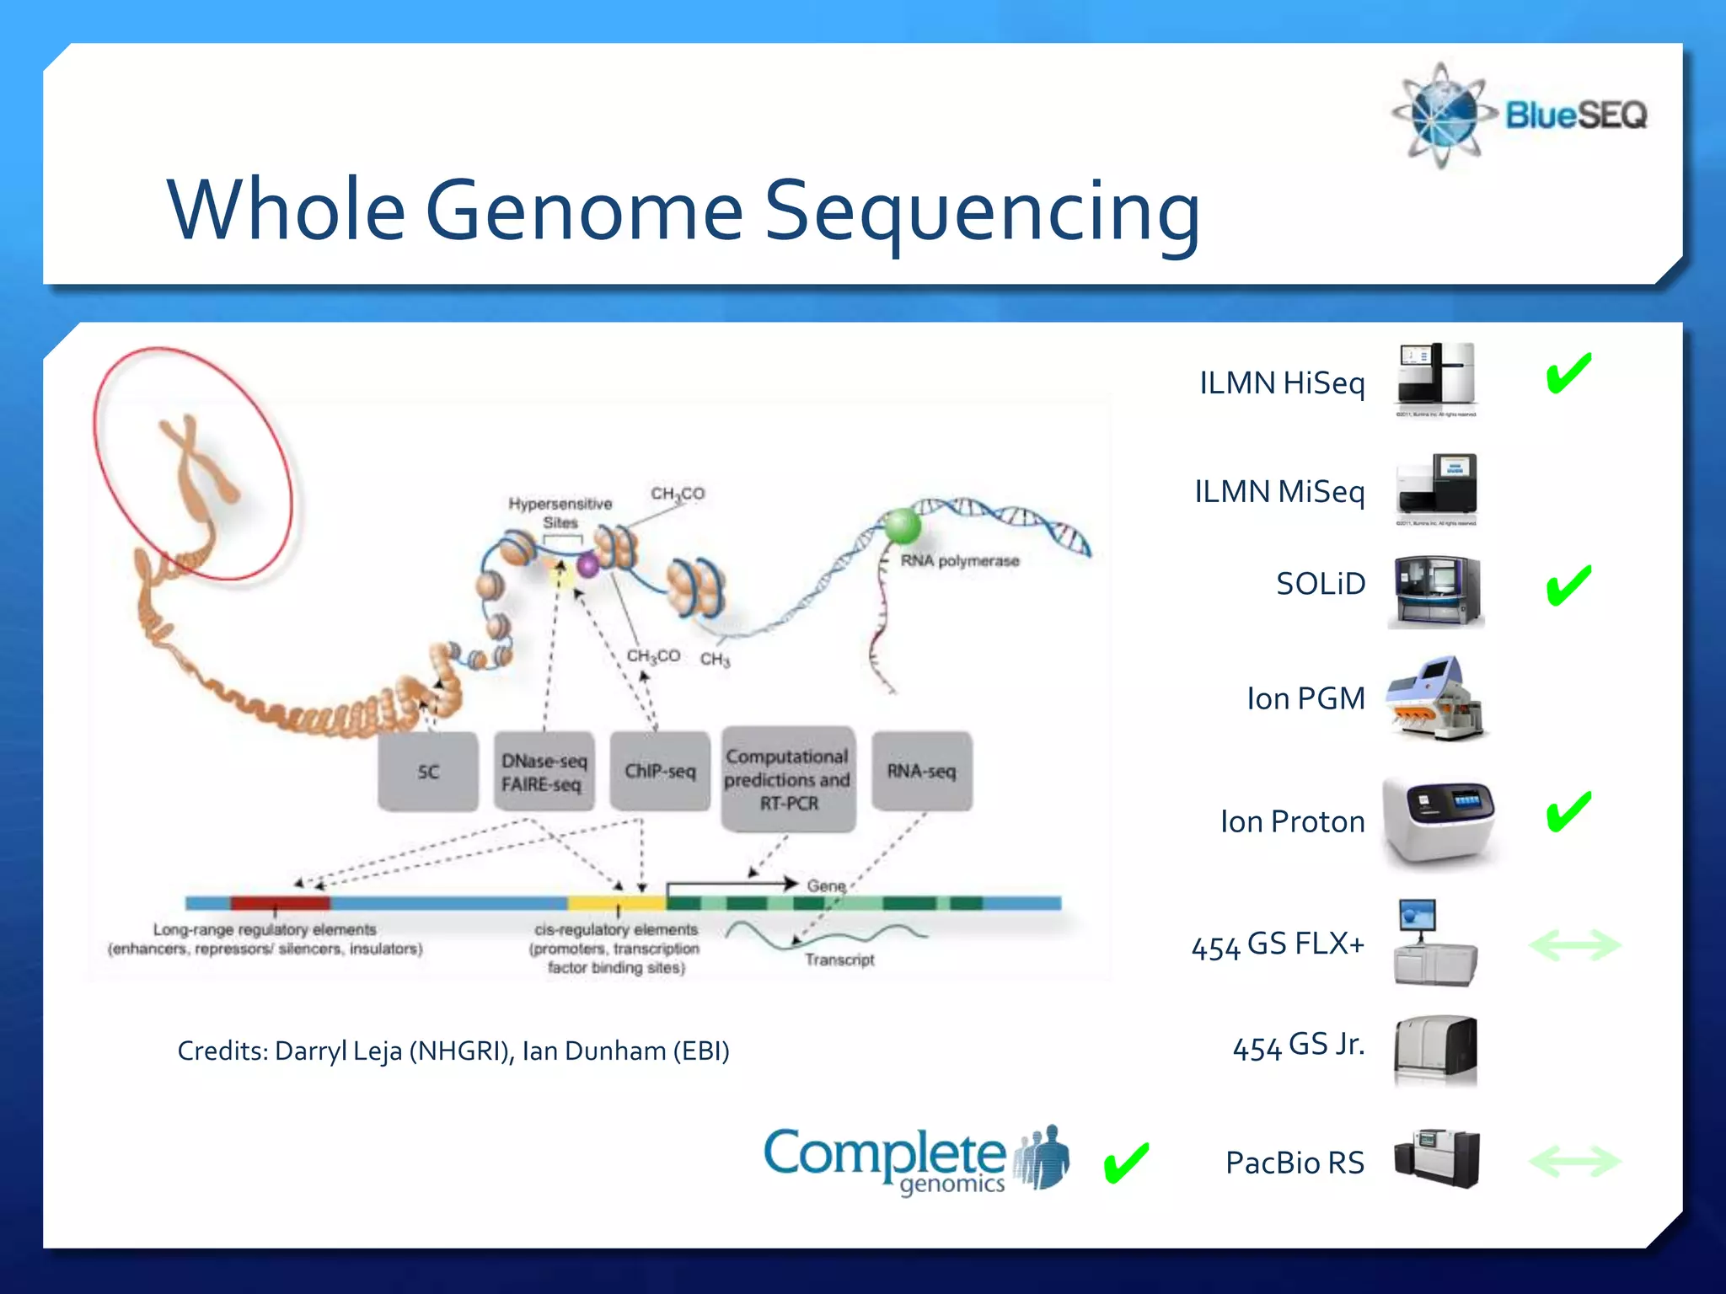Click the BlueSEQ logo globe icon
click(1442, 115)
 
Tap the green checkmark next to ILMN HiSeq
click(1568, 374)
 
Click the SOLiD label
click(1320, 584)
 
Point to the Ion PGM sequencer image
click(1436, 698)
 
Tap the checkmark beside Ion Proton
click(1568, 813)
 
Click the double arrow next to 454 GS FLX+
click(1574, 945)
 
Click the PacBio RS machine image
click(1436, 1159)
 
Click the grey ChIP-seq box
click(660, 772)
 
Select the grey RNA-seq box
click(921, 772)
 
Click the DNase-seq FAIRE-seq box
click(544, 772)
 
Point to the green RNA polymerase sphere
click(902, 527)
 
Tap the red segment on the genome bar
click(280, 903)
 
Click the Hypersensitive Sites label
click(560, 512)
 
